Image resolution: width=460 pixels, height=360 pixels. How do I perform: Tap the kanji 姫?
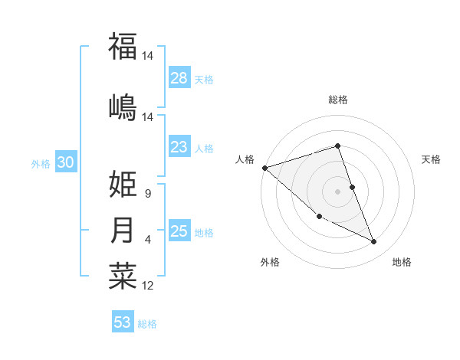click(x=123, y=185)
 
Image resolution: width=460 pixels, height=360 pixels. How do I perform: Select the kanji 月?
click(x=123, y=231)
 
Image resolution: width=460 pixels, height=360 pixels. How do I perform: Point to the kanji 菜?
click(x=123, y=277)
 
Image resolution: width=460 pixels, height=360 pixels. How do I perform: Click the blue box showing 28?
click(x=179, y=78)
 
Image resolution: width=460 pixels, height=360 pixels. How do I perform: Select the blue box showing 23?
click(x=179, y=147)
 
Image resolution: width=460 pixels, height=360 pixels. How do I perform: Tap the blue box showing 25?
click(x=179, y=231)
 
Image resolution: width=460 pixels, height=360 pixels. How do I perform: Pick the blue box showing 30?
click(x=65, y=163)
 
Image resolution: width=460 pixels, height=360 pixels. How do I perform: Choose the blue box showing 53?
click(x=123, y=322)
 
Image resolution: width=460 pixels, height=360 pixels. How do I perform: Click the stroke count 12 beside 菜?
click(x=148, y=286)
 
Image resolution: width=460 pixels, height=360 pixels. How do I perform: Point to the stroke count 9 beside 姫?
click(x=147, y=195)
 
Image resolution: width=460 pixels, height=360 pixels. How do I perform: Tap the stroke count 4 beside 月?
click(x=147, y=240)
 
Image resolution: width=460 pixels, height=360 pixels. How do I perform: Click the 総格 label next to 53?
click(x=147, y=324)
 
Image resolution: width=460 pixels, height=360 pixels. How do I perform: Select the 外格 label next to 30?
click(x=41, y=164)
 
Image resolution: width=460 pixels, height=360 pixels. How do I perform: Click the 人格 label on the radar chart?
click(x=245, y=159)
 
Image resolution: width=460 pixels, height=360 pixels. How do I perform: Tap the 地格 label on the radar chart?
click(x=402, y=262)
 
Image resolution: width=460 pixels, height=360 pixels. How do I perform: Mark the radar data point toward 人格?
click(x=264, y=167)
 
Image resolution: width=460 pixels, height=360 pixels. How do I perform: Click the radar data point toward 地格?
click(x=374, y=242)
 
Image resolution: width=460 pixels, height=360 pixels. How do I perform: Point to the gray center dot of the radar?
click(x=337, y=191)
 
